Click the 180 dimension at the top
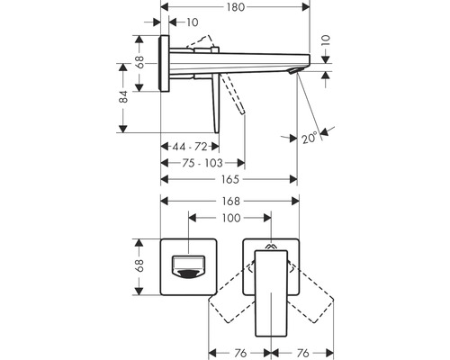[x=236, y=7]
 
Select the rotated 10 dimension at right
[x=327, y=40]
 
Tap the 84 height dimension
[x=123, y=96]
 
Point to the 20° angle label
[x=310, y=138]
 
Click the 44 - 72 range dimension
[x=190, y=147]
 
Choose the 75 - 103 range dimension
[x=202, y=163]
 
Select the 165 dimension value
[x=230, y=179]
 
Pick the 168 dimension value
[x=230, y=202]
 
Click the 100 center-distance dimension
[x=231, y=218]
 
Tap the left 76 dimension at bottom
[x=240, y=353]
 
